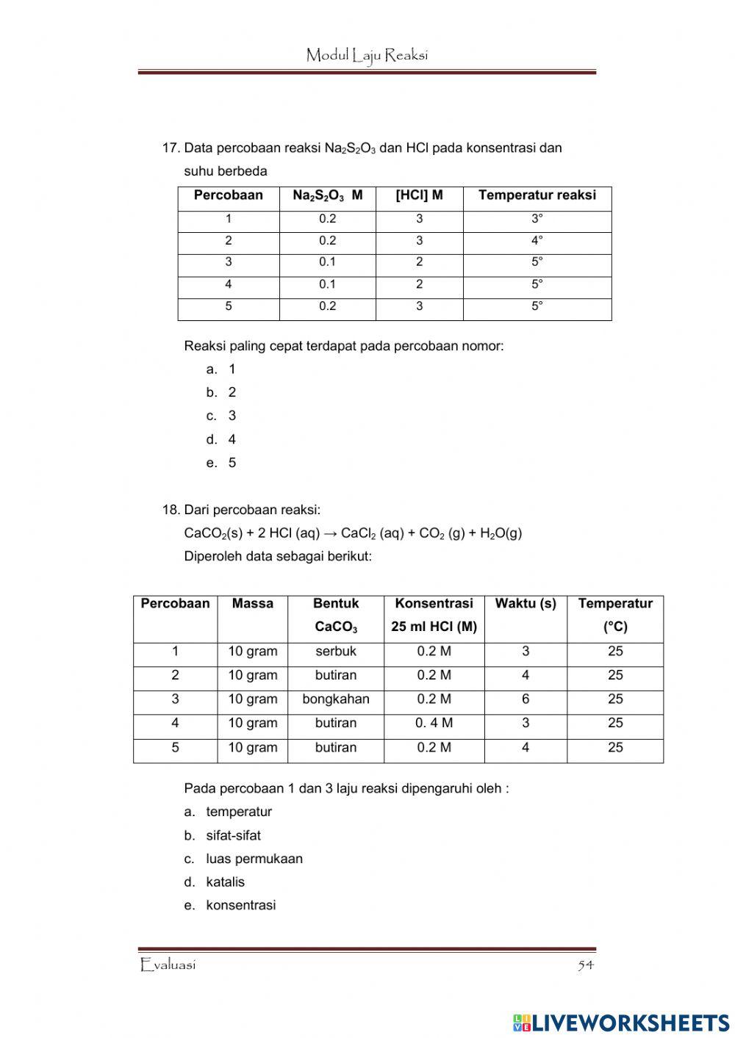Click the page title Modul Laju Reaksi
[367, 55]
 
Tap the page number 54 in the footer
[585, 965]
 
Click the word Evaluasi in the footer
[168, 965]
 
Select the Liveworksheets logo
[621, 1023]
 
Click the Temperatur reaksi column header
[537, 195]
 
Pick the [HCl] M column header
[419, 195]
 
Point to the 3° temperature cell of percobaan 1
[537, 219]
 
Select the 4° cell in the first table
[537, 241]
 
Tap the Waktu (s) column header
[526, 604]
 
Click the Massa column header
[252, 604]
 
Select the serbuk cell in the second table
[336, 652]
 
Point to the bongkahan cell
[336, 699]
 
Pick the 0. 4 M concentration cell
[434, 723]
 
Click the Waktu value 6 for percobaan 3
[526, 699]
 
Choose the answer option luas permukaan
[254, 859]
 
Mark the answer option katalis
[225, 882]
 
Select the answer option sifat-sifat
[233, 835]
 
